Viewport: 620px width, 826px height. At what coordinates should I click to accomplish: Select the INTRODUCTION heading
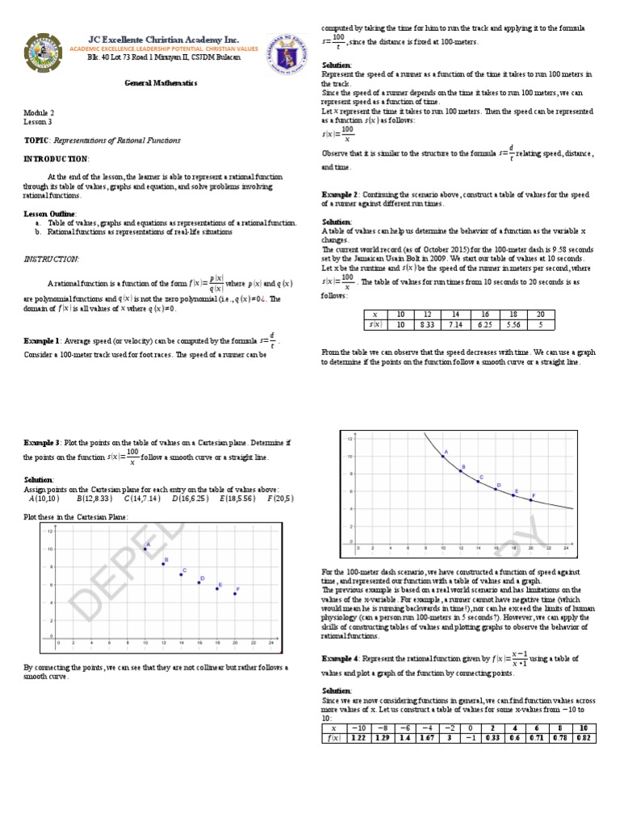pyautogui.click(x=56, y=158)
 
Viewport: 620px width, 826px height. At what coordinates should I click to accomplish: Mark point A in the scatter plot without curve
pyautogui.click(x=145, y=549)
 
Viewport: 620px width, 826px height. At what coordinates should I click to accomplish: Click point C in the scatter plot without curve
pyautogui.click(x=181, y=574)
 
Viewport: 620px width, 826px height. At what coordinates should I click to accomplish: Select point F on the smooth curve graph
pyautogui.click(x=530, y=499)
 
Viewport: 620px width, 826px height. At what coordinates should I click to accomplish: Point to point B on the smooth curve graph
pyautogui.click(x=460, y=470)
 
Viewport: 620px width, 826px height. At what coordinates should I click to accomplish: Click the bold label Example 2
pyautogui.click(x=341, y=194)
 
